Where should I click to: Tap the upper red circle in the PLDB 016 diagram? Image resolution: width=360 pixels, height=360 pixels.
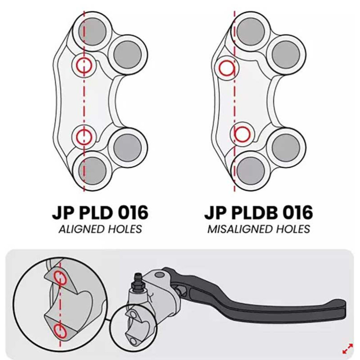(x=219, y=68)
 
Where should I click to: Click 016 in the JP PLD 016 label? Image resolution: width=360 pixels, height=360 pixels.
(x=133, y=212)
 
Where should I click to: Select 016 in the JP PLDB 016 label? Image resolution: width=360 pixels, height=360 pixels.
(x=297, y=212)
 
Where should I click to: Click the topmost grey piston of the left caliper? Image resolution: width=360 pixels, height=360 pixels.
(x=92, y=31)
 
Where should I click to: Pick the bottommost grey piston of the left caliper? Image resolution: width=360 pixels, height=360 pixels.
(x=92, y=171)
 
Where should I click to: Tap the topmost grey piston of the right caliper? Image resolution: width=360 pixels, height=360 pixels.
(x=251, y=31)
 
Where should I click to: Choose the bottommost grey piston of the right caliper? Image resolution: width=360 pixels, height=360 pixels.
(x=251, y=171)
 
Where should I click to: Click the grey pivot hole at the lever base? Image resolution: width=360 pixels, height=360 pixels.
(x=160, y=274)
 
